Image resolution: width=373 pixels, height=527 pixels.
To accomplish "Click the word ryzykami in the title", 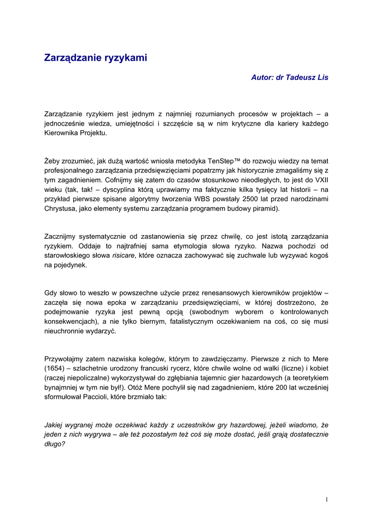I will click(122, 58).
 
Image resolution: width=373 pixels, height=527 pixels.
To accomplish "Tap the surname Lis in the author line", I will click(323, 77).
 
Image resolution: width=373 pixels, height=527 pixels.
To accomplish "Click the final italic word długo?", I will click(55, 444).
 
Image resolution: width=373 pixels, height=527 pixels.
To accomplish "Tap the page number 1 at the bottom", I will click(327, 500).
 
